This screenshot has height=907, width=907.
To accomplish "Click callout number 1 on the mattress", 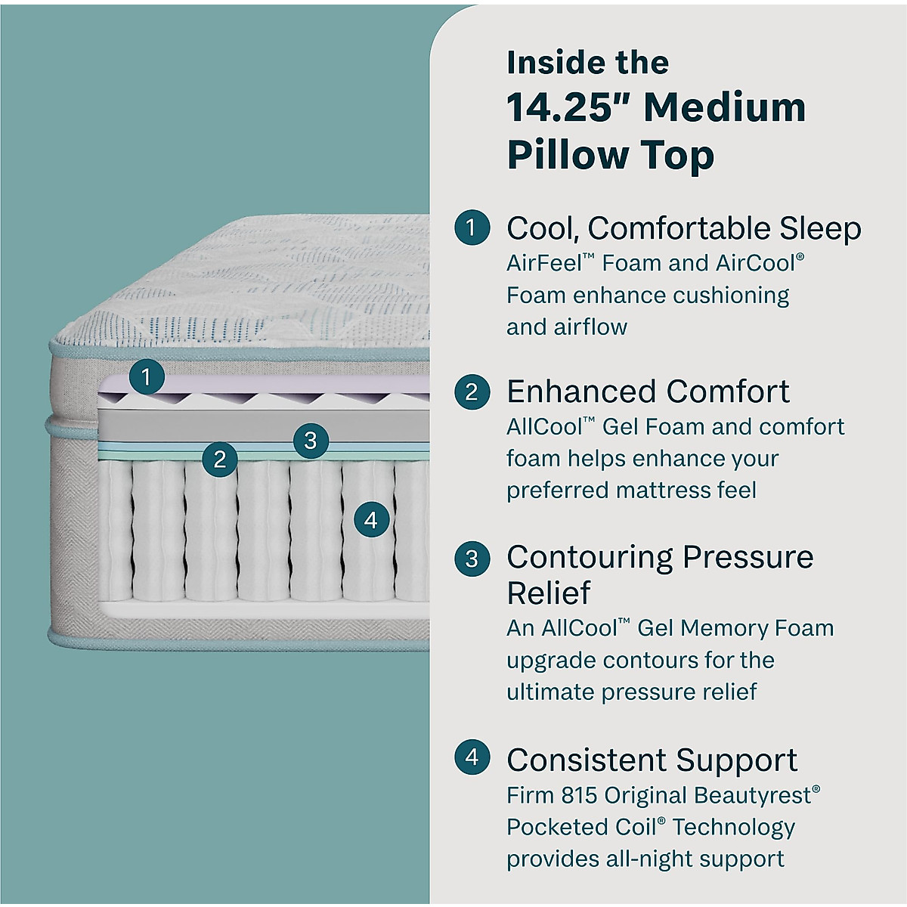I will [x=147, y=376].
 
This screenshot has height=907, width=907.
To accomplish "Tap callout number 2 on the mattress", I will [x=220, y=459].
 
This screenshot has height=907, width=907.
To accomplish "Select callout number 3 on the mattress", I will [x=310, y=440].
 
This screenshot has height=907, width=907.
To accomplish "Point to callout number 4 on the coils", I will [x=370, y=520].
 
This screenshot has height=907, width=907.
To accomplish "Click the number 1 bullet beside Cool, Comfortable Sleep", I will [x=472, y=227].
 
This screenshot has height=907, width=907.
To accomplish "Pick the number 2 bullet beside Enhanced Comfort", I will [x=472, y=392].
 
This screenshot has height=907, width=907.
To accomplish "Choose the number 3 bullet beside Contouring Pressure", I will [x=472, y=558].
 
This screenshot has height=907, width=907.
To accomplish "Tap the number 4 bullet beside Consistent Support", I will [x=472, y=757].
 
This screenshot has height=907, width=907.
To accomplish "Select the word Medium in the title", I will [x=724, y=107].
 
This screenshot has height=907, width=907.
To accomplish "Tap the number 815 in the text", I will [x=579, y=795].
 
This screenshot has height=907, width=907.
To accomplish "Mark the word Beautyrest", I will [x=753, y=795].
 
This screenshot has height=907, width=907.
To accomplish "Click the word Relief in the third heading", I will [x=548, y=593].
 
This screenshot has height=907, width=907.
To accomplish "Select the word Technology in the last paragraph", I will [x=734, y=827].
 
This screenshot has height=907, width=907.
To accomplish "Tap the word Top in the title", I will [x=678, y=155].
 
